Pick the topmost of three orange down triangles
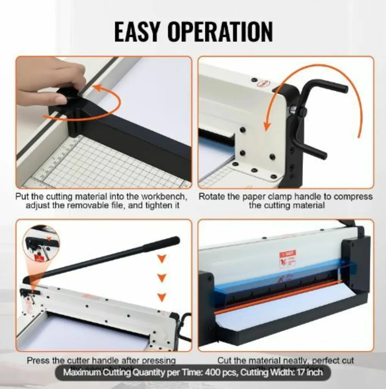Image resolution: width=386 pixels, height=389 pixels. point(162,258)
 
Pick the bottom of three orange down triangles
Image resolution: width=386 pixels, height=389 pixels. point(162,297)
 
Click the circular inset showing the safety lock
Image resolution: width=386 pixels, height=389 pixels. point(41,246)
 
